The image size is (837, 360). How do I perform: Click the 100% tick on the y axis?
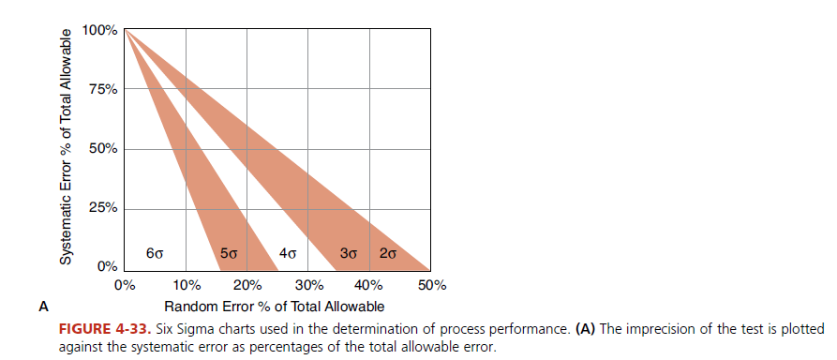coord(99,31)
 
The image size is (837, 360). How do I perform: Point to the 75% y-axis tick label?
coord(102,90)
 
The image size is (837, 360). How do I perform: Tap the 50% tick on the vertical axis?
coord(102,149)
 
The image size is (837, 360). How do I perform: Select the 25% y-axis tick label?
coord(102,208)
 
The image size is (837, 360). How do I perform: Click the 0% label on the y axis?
coord(106,267)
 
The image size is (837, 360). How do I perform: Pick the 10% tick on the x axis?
coord(186,285)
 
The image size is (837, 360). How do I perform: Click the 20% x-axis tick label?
coord(247,285)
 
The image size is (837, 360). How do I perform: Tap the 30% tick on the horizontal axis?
coord(307,285)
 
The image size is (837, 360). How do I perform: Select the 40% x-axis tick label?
coord(368,285)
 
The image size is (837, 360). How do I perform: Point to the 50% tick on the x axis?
coord(430,285)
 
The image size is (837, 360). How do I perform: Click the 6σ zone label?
coord(157,253)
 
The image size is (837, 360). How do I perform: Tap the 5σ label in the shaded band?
coord(229,253)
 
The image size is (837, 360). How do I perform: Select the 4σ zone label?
coord(289,253)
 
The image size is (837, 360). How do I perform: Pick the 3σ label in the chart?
coord(349,253)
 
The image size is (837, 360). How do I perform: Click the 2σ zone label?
coord(387,253)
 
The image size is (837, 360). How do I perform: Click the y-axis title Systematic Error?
coord(67,146)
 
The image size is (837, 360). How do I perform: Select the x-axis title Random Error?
coord(274,307)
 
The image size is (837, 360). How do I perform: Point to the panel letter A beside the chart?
coord(42,306)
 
